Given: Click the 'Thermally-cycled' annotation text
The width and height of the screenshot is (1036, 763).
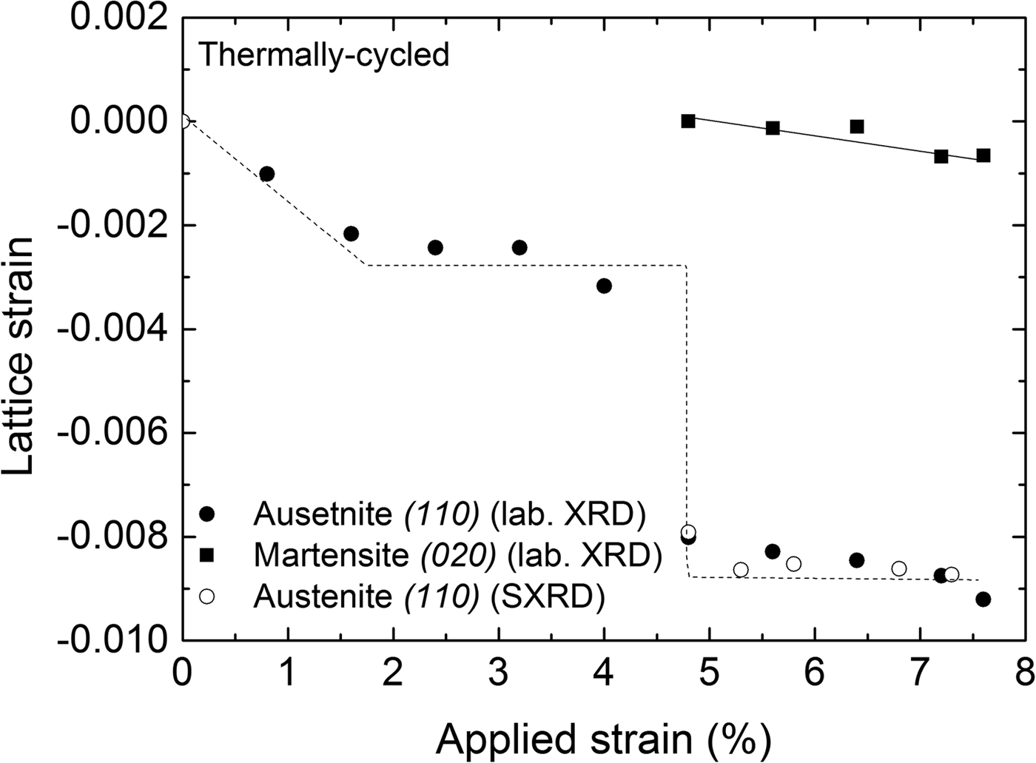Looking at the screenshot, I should point(324,56).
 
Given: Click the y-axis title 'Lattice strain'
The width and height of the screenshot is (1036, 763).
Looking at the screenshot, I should point(19,356).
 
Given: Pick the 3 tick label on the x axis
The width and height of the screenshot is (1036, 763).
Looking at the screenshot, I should point(499,675).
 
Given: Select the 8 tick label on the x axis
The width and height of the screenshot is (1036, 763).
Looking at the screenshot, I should point(1025,675).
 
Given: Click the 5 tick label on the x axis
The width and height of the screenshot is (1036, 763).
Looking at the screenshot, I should point(709,675).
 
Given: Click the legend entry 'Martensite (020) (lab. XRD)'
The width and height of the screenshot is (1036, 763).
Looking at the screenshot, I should point(457,555).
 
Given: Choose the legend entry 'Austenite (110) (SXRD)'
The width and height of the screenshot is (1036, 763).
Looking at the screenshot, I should point(428,596).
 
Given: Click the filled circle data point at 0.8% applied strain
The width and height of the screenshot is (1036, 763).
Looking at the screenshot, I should point(267,174).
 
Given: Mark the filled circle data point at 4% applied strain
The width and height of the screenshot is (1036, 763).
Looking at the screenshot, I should point(604,286).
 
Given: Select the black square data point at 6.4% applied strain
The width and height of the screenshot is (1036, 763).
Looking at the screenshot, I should point(857,127).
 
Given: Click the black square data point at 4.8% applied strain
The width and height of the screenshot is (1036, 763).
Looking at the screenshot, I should point(688,121).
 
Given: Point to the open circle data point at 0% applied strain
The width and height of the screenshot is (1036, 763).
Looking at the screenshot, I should point(184,121).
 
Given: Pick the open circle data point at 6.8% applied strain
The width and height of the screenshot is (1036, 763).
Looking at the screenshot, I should point(898,568).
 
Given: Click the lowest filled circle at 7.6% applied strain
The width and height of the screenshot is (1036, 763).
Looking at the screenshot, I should point(983,599).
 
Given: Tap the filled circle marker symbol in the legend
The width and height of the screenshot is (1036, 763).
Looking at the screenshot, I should point(208,514).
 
